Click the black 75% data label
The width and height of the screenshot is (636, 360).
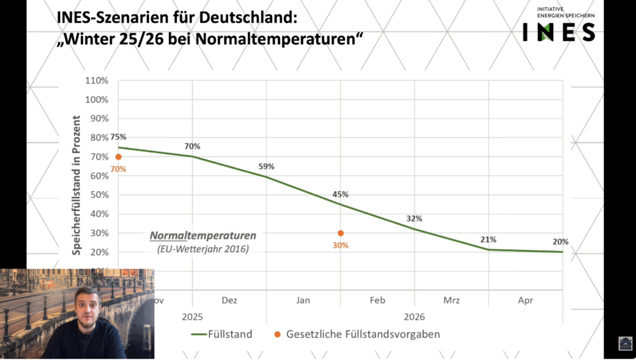118,137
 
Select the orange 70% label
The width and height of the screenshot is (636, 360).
118,169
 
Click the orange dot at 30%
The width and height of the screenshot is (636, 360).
340,233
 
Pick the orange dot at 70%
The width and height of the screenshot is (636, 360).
118,157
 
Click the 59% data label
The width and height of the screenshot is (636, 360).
266,166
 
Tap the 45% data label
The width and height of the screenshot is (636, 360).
340,194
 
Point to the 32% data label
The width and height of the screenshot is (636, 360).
414,218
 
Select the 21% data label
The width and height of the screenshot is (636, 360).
488,240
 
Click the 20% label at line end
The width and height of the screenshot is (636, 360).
561,241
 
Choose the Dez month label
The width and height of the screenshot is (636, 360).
229,300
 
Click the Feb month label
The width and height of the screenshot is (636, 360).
378,300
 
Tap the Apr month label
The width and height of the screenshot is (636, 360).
525,300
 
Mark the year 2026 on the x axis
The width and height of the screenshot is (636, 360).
414,317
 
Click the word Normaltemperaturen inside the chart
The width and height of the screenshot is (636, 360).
202,236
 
